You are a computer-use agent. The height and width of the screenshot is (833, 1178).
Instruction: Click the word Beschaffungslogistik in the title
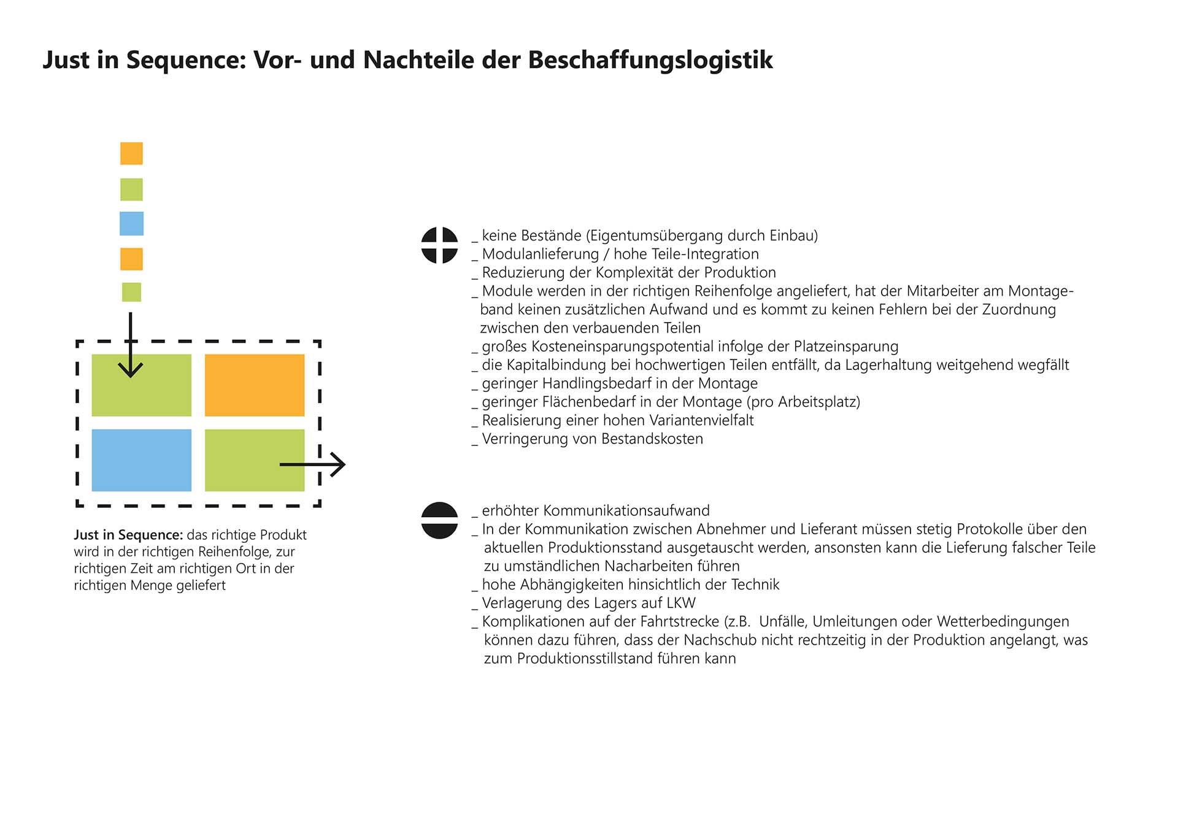click(650, 60)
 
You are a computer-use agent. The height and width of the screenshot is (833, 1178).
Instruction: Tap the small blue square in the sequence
click(131, 224)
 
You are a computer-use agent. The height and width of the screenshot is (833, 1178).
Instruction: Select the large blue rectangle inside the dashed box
click(141, 460)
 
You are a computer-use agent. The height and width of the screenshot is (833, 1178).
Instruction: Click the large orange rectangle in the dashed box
click(255, 385)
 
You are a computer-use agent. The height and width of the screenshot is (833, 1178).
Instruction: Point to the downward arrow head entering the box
click(130, 369)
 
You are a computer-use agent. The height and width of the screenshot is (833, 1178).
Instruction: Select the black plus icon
click(439, 245)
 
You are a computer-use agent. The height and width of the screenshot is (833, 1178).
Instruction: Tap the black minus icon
click(439, 520)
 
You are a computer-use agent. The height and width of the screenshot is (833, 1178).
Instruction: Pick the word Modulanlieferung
click(540, 254)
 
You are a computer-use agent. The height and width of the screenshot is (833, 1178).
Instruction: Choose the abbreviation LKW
click(680, 603)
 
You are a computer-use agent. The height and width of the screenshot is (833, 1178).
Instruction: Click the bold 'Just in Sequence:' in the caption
click(128, 535)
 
